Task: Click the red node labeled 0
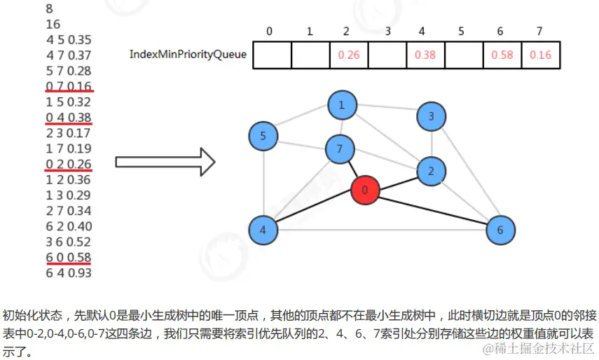coord(364,190)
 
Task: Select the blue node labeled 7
coord(340,148)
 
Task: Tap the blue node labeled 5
coord(263,136)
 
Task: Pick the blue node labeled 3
coord(431,116)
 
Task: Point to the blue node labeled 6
coord(500,230)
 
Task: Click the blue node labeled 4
coord(263,230)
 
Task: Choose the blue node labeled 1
coord(342,106)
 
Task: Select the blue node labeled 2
coord(431,170)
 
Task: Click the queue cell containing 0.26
coord(348,55)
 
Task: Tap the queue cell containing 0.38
coord(425,55)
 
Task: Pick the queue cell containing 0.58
coord(502,55)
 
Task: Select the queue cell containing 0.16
coord(541,55)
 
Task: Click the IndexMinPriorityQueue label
coord(188,54)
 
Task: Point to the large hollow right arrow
coord(165,162)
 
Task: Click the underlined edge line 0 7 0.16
coord(69,85)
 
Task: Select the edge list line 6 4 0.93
coord(69,272)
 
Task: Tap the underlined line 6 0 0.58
coord(69,257)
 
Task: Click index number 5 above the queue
coord(461,32)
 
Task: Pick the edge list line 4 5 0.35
coord(69,39)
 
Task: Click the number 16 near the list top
coord(53,25)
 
